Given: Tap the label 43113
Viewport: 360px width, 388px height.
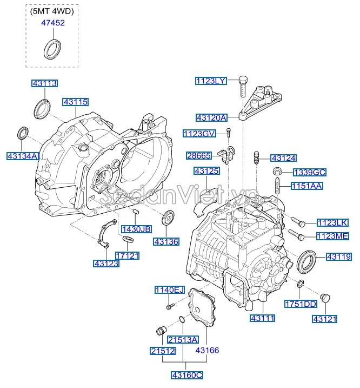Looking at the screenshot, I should (x=44, y=83).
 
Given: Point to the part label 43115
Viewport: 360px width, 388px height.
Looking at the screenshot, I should (x=75, y=102).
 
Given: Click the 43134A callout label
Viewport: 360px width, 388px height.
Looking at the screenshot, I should (x=23, y=156).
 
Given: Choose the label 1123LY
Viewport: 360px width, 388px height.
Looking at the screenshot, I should (x=211, y=81).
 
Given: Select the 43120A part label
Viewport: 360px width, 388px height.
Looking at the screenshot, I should (x=211, y=117).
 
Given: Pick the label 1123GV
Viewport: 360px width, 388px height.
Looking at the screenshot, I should (x=199, y=133).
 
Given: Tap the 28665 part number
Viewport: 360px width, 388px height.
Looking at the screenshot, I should (x=199, y=155).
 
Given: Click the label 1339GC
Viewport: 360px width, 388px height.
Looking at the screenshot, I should (x=309, y=173).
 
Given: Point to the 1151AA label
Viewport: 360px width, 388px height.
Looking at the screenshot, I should (x=306, y=186).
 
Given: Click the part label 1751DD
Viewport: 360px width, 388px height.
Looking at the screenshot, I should (x=301, y=304).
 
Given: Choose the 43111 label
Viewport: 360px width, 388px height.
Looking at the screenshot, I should (x=263, y=319).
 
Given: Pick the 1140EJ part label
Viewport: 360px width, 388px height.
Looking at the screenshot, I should (x=170, y=291).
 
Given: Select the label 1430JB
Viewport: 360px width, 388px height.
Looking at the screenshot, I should (x=136, y=229).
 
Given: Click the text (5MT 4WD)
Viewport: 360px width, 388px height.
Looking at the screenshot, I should (x=52, y=11).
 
